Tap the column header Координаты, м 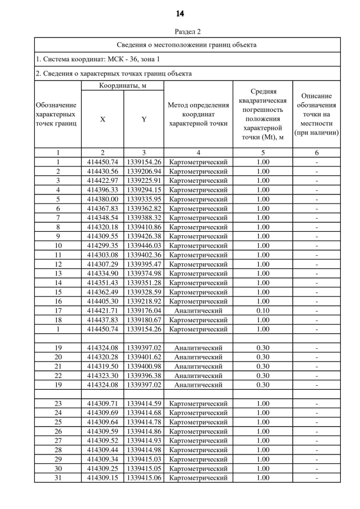coord(123,85)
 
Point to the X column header coord(102,119)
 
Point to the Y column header coord(144,119)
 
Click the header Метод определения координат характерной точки coord(198,114)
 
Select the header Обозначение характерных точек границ coord(58,114)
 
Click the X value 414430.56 coord(102,172)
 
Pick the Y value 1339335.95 coord(144,199)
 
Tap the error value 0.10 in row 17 coord(263,310)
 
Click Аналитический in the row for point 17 coord(198,310)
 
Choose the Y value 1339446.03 coord(144,246)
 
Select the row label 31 coord(58,478)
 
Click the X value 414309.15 coord(102,478)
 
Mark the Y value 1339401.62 coord(144,357)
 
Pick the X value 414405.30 coord(102,301)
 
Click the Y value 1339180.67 coord(144,320)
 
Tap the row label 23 coord(58,403)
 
